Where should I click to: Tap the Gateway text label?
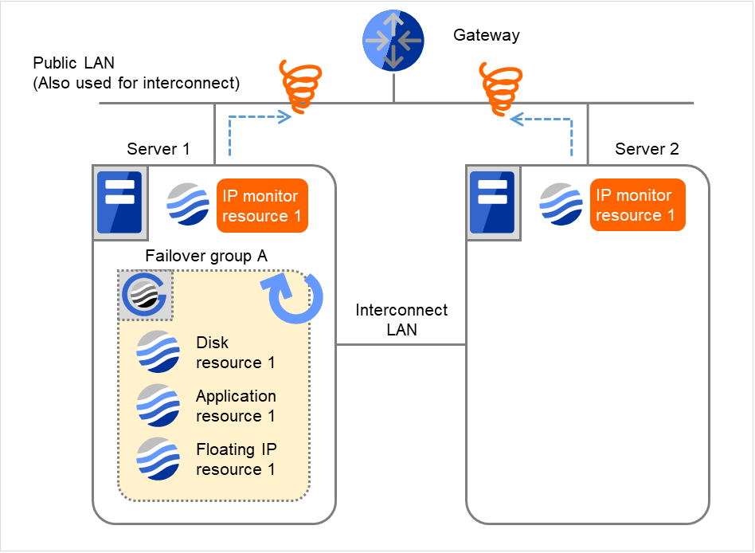pyautogui.click(x=486, y=35)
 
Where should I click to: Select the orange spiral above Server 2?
pyautogui.click(x=500, y=85)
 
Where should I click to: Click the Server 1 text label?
pyautogui.click(x=158, y=149)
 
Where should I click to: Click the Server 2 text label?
pyautogui.click(x=647, y=149)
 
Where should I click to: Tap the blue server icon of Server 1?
pyautogui.click(x=119, y=202)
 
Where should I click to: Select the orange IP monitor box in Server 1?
pyautogui.click(x=262, y=206)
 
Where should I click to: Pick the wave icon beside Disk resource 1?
pyautogui.click(x=157, y=351)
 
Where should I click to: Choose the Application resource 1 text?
pyautogui.click(x=236, y=406)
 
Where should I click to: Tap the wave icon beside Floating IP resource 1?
pyautogui.click(x=157, y=458)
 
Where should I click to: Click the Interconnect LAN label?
pyautogui.click(x=401, y=319)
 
